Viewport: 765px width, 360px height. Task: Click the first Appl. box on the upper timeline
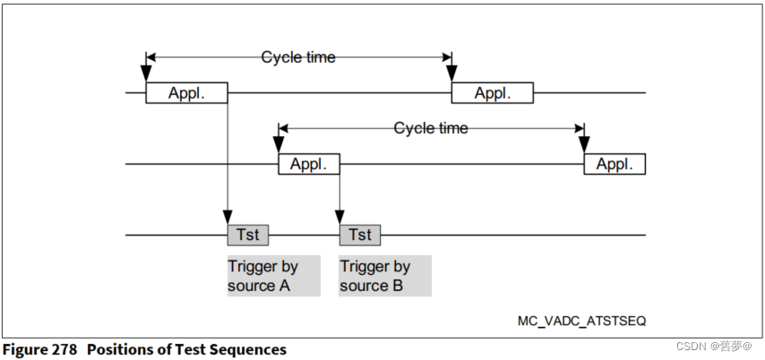(x=186, y=93)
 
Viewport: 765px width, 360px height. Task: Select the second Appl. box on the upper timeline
(x=492, y=93)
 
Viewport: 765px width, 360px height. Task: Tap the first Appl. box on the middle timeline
(x=309, y=165)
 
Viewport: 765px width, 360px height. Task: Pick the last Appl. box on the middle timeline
(x=615, y=165)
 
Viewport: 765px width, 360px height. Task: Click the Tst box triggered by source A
(x=247, y=235)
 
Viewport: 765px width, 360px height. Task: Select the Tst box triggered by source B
(x=359, y=235)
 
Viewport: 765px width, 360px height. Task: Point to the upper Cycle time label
(x=298, y=57)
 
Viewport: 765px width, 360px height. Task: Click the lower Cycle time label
(x=431, y=129)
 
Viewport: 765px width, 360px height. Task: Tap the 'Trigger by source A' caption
(x=264, y=276)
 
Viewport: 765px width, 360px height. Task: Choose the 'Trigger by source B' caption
(x=376, y=276)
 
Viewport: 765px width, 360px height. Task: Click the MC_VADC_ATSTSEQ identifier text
(x=581, y=320)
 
